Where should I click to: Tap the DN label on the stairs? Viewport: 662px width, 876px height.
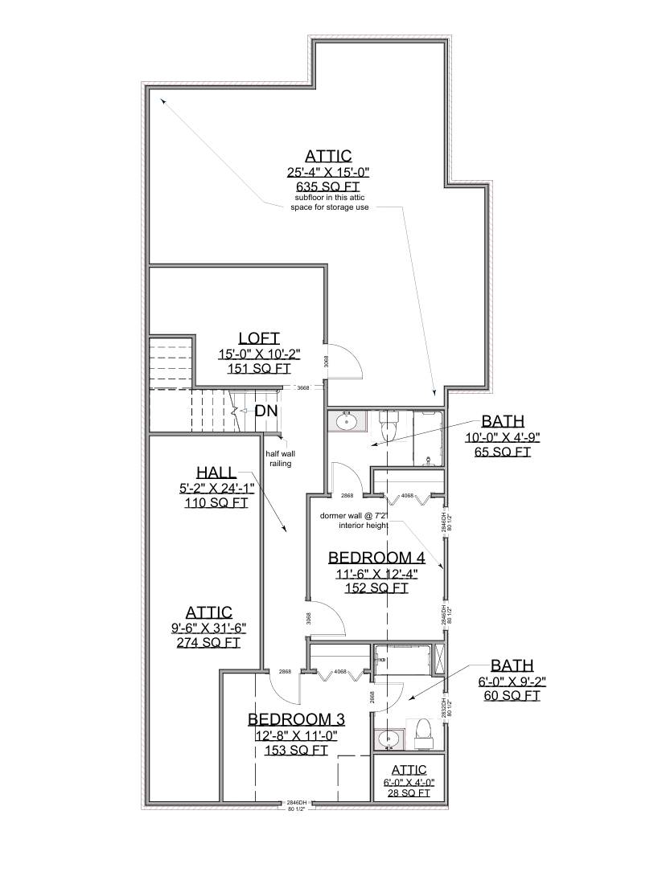point(266,411)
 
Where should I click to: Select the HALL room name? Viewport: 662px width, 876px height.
point(215,472)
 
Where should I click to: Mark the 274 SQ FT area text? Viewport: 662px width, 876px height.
point(209,643)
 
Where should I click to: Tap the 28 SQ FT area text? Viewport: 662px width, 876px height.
point(405,793)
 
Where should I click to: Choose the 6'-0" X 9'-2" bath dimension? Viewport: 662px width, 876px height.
point(512,682)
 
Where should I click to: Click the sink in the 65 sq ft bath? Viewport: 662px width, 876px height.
point(348,420)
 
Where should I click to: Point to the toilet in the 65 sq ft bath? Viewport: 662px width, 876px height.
point(389,425)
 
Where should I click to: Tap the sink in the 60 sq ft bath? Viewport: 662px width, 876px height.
point(389,738)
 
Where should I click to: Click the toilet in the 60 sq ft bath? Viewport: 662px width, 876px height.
point(424,731)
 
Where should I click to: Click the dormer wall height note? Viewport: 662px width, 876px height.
point(354,521)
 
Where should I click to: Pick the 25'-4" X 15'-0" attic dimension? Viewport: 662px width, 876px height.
point(327,172)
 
